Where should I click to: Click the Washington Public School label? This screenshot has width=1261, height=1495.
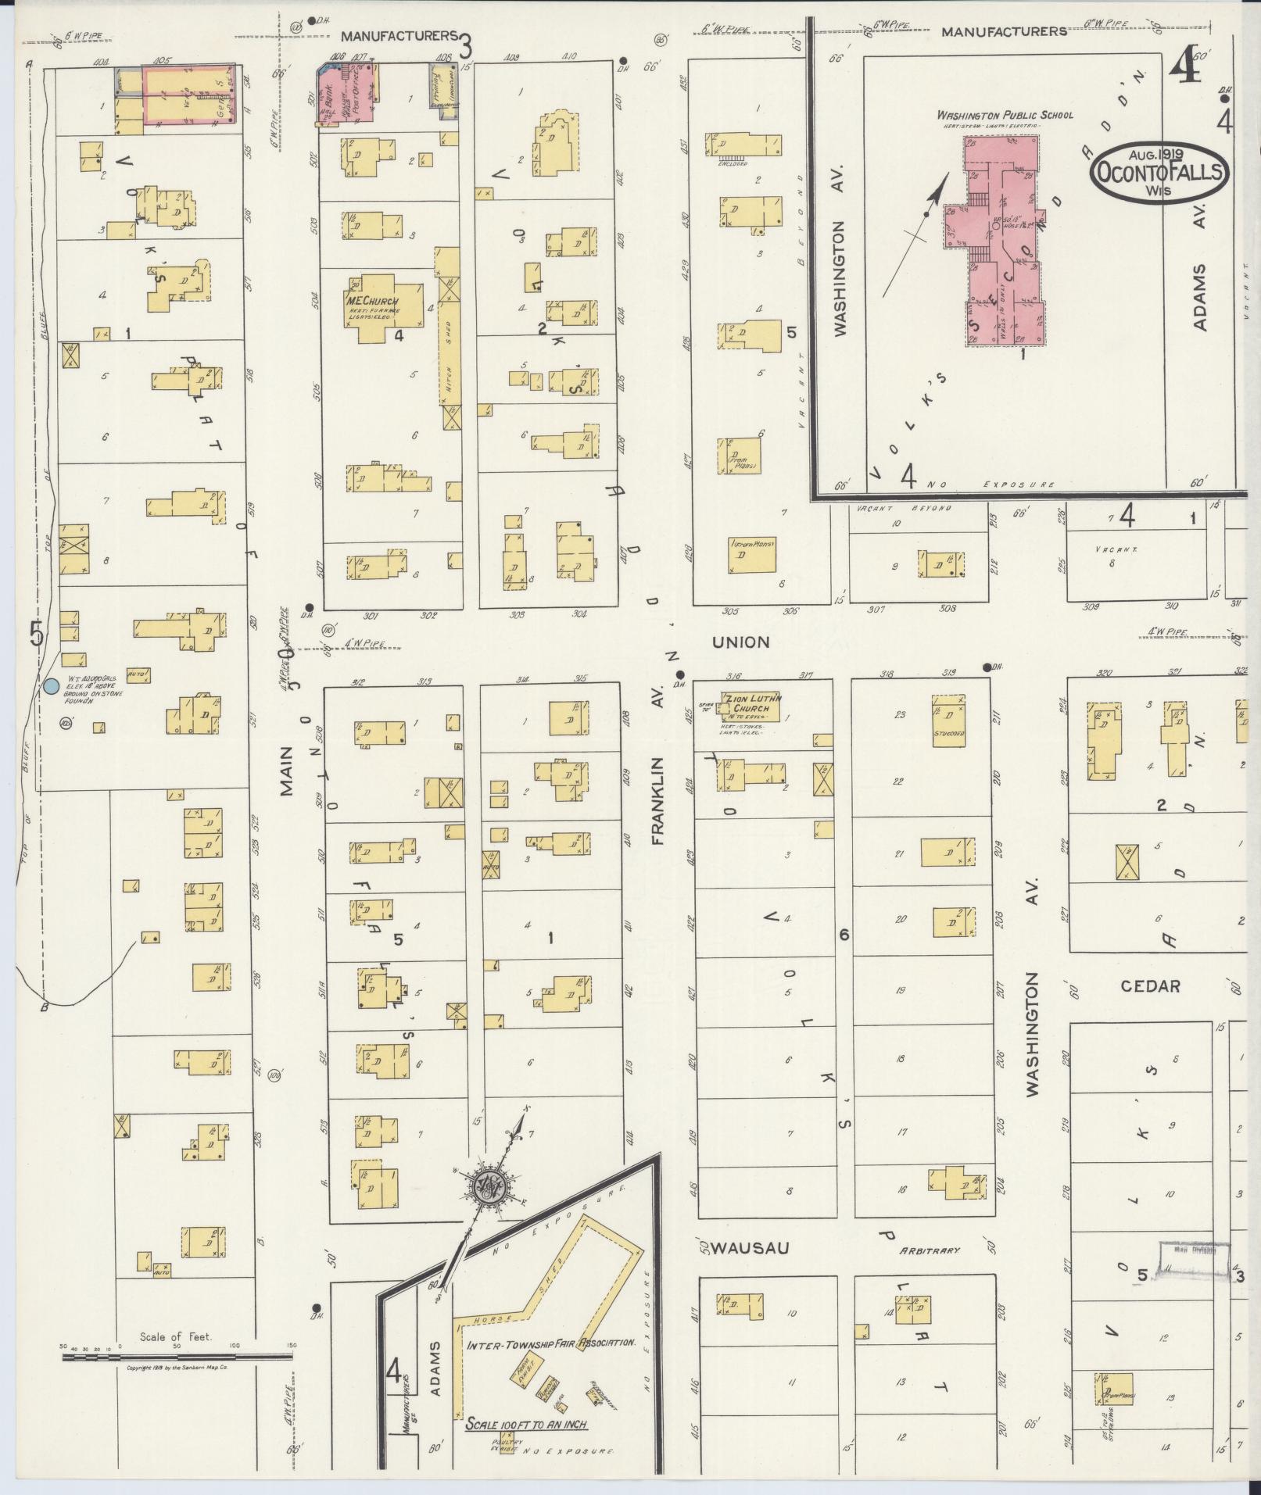click(x=1005, y=115)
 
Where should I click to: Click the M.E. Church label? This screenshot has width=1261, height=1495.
click(x=372, y=302)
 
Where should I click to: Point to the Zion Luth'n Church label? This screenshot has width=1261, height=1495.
click(x=754, y=703)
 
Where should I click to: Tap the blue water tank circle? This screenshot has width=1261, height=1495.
click(x=51, y=687)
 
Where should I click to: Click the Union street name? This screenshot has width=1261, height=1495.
click(x=740, y=642)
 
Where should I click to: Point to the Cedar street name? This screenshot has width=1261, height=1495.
click(x=1149, y=986)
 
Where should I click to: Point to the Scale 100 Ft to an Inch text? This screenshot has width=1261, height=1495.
click(x=525, y=1424)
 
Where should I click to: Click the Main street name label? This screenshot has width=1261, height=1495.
click(x=286, y=771)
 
